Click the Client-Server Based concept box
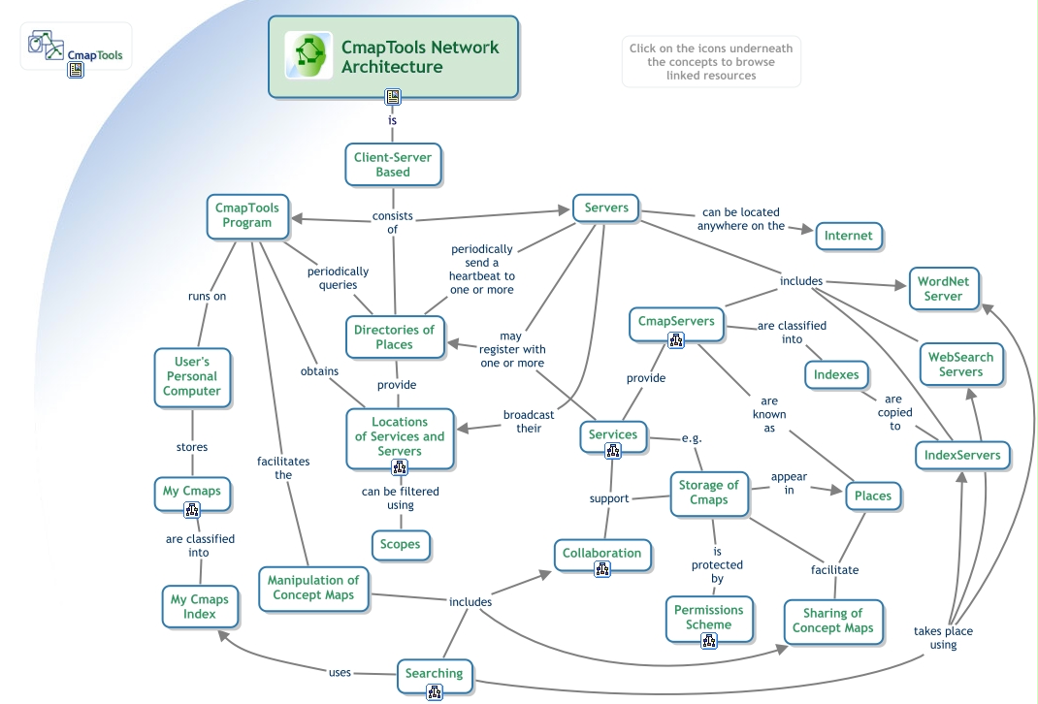(x=393, y=165)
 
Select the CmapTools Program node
(x=247, y=215)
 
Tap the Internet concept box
(x=848, y=236)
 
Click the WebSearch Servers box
(x=960, y=365)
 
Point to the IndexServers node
(x=962, y=455)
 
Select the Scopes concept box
(x=400, y=544)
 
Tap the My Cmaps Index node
(x=199, y=606)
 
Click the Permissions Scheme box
(x=708, y=617)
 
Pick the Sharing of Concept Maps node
(x=832, y=621)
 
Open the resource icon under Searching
(x=435, y=692)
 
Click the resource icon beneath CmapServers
(x=676, y=340)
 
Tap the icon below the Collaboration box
(x=602, y=570)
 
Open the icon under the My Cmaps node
(x=192, y=510)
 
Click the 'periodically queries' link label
(x=339, y=278)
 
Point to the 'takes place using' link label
(x=943, y=638)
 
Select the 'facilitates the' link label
(x=282, y=468)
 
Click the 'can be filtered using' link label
(x=400, y=498)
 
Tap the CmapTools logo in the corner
(x=76, y=48)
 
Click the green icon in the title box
(x=308, y=56)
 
